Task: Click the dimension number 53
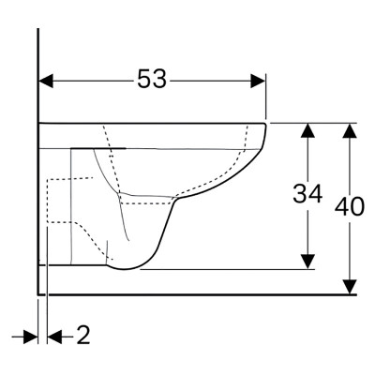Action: click(152, 79)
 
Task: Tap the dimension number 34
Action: click(307, 194)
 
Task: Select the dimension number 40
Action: click(350, 206)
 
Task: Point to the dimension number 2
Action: click(83, 336)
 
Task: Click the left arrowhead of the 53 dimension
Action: click(46, 82)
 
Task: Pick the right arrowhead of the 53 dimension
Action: click(258, 82)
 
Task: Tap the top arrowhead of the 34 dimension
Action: click(307, 130)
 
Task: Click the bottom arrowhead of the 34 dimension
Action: click(307, 262)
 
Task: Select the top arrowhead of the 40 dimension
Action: click(350, 130)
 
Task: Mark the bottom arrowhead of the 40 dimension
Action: click(350, 287)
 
